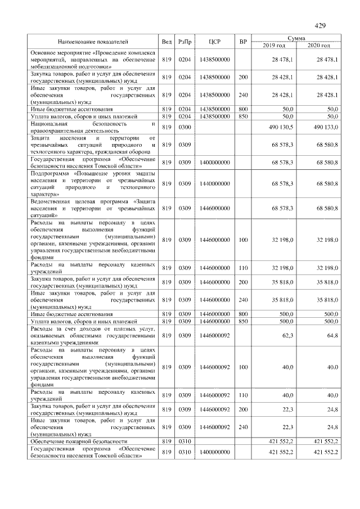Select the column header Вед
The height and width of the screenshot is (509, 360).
point(166,42)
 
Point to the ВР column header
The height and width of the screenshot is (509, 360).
point(243,42)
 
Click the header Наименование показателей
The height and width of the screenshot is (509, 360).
point(93,42)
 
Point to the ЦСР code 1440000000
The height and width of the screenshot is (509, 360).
point(214,183)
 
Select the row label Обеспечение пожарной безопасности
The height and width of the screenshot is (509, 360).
point(79,442)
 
